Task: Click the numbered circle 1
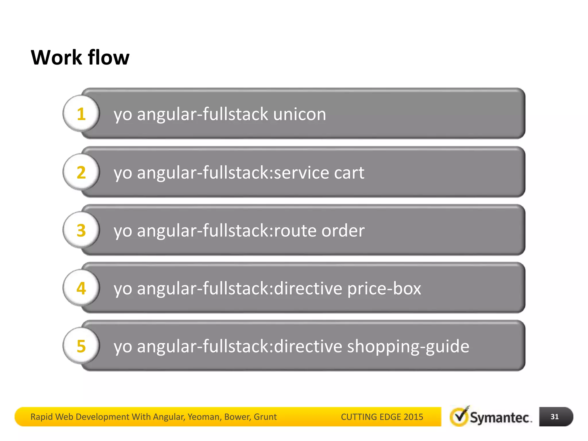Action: tap(81, 114)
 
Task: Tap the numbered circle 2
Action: tap(81, 172)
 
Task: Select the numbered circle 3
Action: tap(81, 230)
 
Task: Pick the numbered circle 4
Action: tap(81, 288)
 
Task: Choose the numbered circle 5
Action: tap(81, 346)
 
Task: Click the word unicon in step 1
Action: tap(299, 114)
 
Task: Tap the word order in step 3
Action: tap(343, 231)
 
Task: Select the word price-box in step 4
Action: tap(384, 289)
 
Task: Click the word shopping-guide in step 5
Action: tap(408, 347)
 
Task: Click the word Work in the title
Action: tap(56, 57)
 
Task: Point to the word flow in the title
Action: tap(109, 57)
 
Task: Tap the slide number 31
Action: tap(554, 417)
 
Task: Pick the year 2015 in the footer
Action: tap(413, 417)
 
